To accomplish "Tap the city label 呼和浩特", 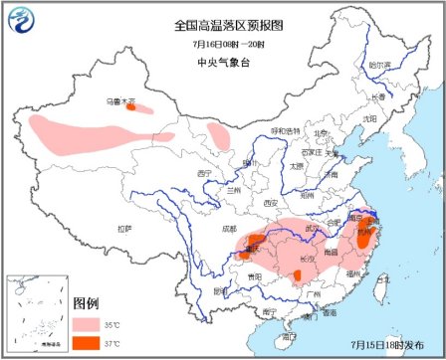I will pyautogui.click(x=285, y=130).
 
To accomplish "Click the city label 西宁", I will pyautogui.click(x=206, y=172).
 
